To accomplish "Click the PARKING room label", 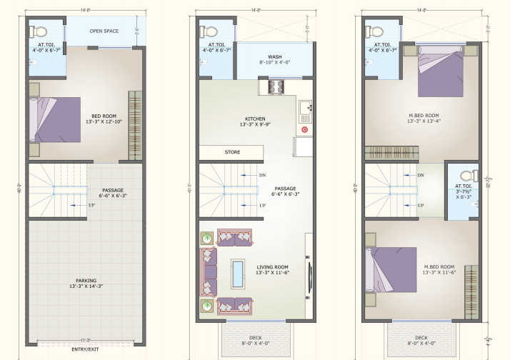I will coord(86,281).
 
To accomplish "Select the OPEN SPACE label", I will coord(104,31).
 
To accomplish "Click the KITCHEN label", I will coord(255,119).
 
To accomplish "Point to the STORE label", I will coord(232,152).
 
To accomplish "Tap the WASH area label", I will coord(274,56).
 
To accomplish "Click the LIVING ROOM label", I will coord(272,267).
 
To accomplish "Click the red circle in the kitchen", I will coord(305,129).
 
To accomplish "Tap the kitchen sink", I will coord(306,109).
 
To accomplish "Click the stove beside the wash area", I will coord(276,86).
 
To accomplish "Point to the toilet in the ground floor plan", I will coord(40,31).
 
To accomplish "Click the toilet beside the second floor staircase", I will coord(467,176).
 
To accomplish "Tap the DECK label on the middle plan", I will coord(255,337).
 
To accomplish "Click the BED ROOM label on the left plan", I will coord(104,116).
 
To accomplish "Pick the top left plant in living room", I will coord(206,238).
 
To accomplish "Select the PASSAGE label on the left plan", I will coord(112,191).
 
